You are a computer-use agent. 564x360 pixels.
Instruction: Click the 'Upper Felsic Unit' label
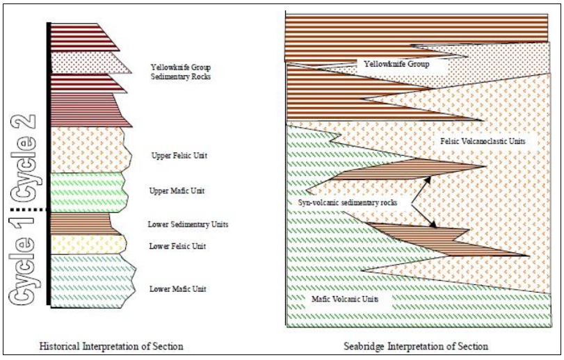pos(179,156)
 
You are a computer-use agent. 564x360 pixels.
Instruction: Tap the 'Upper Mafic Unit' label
pos(177,191)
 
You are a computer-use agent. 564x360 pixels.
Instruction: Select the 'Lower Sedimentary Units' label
pos(188,224)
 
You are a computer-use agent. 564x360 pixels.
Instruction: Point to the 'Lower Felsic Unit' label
pos(177,246)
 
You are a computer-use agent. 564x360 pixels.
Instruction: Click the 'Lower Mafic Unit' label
pos(178,289)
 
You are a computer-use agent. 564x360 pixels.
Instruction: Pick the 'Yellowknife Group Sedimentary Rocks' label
pos(181,72)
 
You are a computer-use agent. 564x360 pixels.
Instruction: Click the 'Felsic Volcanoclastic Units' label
pos(483,141)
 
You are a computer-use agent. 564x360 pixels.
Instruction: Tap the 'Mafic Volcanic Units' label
pos(345,299)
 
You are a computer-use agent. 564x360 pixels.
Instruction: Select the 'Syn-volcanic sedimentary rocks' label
pos(348,203)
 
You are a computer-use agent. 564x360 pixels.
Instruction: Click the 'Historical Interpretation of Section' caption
pos(111,346)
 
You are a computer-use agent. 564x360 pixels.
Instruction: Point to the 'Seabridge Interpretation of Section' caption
pos(416,346)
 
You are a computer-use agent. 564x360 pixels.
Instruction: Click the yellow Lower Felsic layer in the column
pos(88,245)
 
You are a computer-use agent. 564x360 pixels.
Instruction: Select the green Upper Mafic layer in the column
pos(88,193)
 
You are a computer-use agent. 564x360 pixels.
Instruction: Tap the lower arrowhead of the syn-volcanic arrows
pos(433,224)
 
